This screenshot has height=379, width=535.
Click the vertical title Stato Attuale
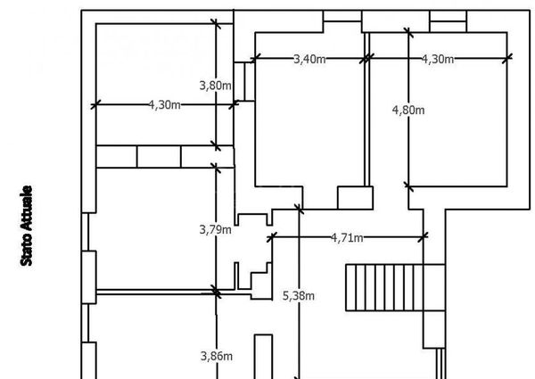click(26, 226)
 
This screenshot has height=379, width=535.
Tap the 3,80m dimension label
click(215, 86)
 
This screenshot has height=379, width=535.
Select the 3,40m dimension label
click(309, 60)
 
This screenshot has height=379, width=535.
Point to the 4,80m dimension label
click(408, 111)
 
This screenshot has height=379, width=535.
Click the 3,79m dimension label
click(215, 229)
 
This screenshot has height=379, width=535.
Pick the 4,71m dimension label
click(347, 237)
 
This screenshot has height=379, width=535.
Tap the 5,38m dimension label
click(299, 296)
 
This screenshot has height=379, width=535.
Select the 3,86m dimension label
click(217, 356)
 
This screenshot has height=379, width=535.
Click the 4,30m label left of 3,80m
click(164, 104)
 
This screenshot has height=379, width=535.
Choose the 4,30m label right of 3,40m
click(438, 60)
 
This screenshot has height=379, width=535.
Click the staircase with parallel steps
click(395, 287)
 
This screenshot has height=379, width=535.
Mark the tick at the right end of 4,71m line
click(423, 236)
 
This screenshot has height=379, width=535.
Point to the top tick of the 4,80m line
click(408, 33)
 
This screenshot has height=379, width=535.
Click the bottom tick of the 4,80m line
click(408, 186)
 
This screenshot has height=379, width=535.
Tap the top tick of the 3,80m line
click(216, 24)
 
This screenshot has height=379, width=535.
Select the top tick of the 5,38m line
click(299, 209)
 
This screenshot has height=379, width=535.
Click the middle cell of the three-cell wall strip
click(159, 157)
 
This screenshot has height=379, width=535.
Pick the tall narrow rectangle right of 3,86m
click(263, 357)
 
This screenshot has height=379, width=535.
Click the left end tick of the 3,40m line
click(255, 58)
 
